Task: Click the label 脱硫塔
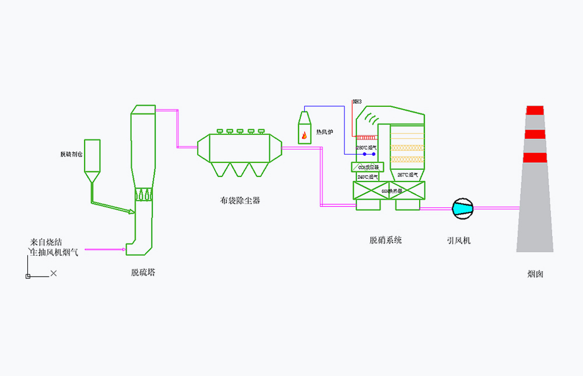click(x=143, y=272)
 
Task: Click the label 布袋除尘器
click(x=240, y=200)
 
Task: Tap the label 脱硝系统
click(x=385, y=240)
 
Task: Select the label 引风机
click(x=459, y=240)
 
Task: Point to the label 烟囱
click(x=535, y=274)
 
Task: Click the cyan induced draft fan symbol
click(x=463, y=207)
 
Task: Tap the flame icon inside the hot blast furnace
click(x=304, y=137)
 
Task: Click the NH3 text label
click(x=357, y=102)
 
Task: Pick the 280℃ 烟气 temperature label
click(x=367, y=148)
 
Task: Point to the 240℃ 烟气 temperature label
click(x=367, y=176)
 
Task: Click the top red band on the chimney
click(x=535, y=110)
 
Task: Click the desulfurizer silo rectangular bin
click(x=92, y=155)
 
